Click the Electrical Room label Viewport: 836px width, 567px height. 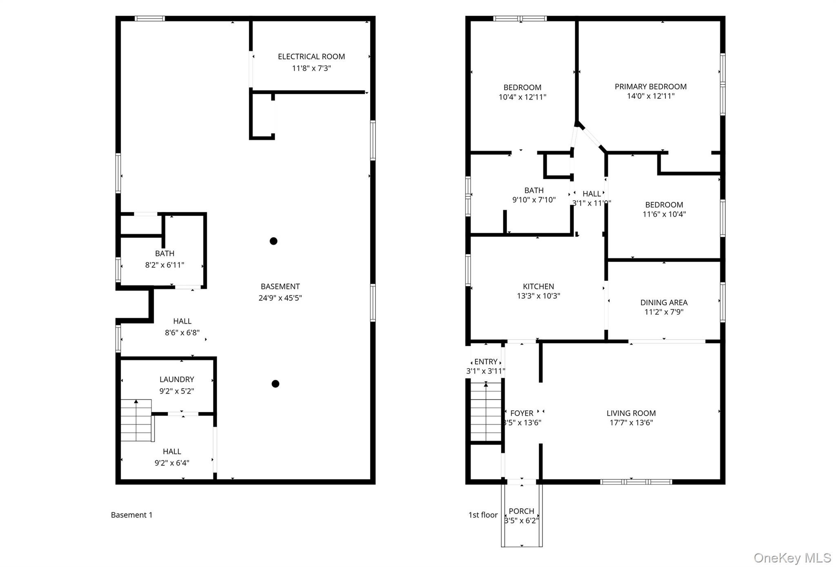pyautogui.click(x=311, y=57)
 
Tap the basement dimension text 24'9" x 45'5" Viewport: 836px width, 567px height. pyautogui.click(x=280, y=298)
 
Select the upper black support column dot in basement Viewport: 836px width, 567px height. pyautogui.click(x=273, y=241)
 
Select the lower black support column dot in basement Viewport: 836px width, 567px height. pyautogui.click(x=276, y=384)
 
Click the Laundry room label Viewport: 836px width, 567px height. pyautogui.click(x=176, y=380)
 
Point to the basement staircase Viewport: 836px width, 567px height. pyautogui.click(x=137, y=420)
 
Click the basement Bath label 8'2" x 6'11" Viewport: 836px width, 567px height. pyautogui.click(x=165, y=265)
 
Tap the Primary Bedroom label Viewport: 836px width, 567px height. pyautogui.click(x=650, y=87)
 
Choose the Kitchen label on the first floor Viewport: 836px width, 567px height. pyautogui.click(x=538, y=287)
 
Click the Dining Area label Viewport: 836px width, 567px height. pyautogui.click(x=664, y=302)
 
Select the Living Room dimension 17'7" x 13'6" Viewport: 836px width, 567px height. pyautogui.click(x=631, y=423)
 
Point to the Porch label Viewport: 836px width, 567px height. pyautogui.click(x=521, y=511)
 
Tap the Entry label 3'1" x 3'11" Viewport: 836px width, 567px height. pyautogui.click(x=485, y=371)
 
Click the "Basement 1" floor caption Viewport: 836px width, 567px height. pyautogui.click(x=131, y=515)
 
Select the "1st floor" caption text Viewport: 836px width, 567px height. pyautogui.click(x=483, y=515)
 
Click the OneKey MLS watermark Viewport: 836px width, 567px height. pyautogui.click(x=792, y=558)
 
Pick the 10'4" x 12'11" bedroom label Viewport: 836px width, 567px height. pyautogui.click(x=522, y=97)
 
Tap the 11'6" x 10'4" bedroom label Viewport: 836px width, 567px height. pyautogui.click(x=664, y=214)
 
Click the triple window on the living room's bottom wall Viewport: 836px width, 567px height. pyautogui.click(x=636, y=482)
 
